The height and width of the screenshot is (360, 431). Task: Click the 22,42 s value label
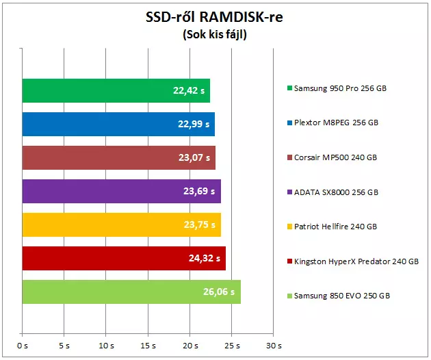(188, 90)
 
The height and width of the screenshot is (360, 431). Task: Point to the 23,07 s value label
(194, 157)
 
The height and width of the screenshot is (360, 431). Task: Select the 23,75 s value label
(199, 224)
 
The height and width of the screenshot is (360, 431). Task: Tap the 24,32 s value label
(204, 258)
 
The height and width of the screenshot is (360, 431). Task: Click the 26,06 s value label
(219, 292)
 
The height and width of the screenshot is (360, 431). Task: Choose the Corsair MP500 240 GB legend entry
(335, 157)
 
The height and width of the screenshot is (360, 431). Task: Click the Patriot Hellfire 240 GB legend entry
(335, 227)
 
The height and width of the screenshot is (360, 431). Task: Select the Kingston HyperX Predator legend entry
(356, 261)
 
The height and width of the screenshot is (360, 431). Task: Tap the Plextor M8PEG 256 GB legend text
(336, 123)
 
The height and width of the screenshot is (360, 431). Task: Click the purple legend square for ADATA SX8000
(290, 192)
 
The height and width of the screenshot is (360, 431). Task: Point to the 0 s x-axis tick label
(23, 346)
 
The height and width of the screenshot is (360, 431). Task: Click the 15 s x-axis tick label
(148, 346)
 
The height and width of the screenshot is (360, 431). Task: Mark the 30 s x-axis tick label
(273, 346)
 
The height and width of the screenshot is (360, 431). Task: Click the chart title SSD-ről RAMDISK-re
(214, 17)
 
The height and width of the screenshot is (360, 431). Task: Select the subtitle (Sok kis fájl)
(214, 35)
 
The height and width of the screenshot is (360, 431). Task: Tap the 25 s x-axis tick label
(231, 346)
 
